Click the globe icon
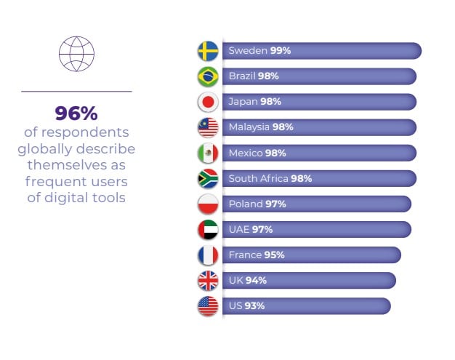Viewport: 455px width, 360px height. click(76, 54)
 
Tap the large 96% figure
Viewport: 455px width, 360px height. click(76, 113)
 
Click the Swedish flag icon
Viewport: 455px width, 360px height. click(208, 51)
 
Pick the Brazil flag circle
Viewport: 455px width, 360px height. click(208, 76)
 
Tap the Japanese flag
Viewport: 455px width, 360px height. click(208, 103)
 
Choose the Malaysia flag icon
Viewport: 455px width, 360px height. click(208, 127)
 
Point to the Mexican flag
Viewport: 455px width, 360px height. click(208, 153)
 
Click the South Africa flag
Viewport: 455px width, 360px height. click(208, 179)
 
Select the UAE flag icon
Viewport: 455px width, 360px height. click(208, 230)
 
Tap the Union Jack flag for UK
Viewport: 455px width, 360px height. click(208, 281)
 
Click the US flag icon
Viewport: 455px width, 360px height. click(208, 306)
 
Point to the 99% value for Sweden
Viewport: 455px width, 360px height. click(281, 50)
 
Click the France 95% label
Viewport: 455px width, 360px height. click(257, 255)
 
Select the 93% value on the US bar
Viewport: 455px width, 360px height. click(254, 305)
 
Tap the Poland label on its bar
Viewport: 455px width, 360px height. click(246, 204)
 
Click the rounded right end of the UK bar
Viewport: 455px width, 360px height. click(392, 281)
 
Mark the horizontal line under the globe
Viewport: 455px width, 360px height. click(76, 92)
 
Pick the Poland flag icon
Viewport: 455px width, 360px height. click(208, 204)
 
